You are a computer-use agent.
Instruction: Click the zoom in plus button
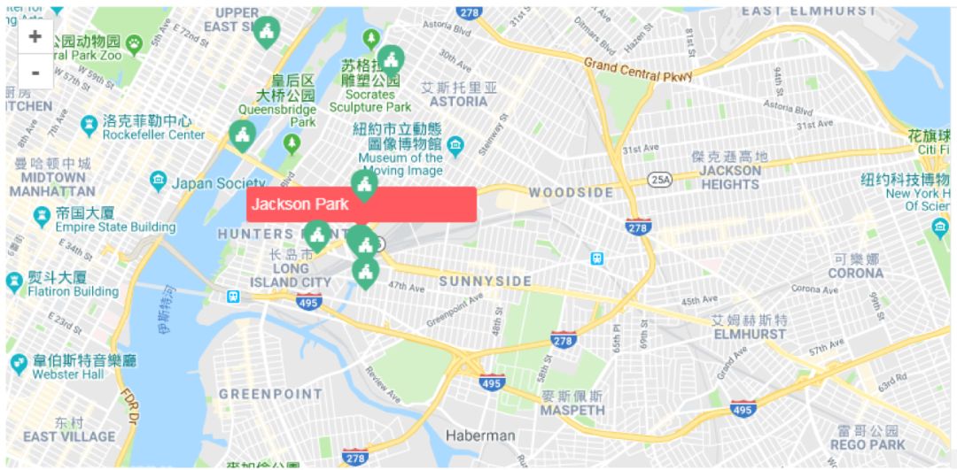point(35,36)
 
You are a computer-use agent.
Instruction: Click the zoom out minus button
point(35,72)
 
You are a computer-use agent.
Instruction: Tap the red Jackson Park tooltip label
point(362,204)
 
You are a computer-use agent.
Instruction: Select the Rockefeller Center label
point(153,135)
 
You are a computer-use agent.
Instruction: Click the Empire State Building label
point(115,227)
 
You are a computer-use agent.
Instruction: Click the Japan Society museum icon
point(158,181)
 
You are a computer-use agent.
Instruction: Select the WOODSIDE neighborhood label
point(571,193)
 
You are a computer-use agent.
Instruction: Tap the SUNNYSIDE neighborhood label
point(486,281)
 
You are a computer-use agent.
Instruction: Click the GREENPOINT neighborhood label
point(270,394)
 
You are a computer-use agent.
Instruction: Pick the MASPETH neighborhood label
point(572,410)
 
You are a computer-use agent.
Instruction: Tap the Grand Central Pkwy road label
point(638,70)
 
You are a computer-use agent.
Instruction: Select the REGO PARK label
point(868,444)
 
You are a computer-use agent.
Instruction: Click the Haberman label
point(479,435)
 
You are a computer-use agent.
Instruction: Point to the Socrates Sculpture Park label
point(370,101)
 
